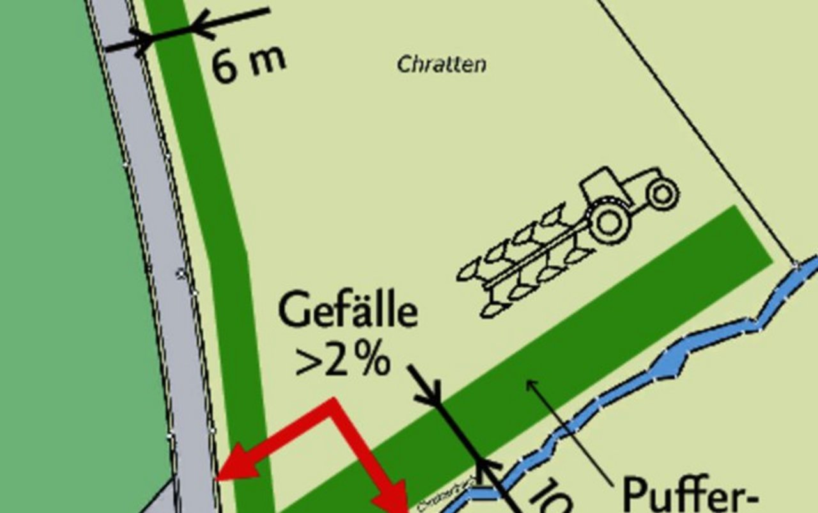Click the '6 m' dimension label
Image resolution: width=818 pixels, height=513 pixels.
pyautogui.click(x=249, y=64)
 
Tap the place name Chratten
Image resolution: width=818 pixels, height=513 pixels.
pyautogui.click(x=441, y=65)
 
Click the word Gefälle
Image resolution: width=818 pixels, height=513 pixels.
pyautogui.click(x=348, y=312)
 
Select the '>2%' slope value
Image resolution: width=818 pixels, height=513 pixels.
pyautogui.click(x=343, y=361)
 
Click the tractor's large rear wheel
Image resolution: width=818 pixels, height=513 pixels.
pyautogui.click(x=608, y=221)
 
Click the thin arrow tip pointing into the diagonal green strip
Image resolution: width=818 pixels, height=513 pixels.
pyautogui.click(x=528, y=382)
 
